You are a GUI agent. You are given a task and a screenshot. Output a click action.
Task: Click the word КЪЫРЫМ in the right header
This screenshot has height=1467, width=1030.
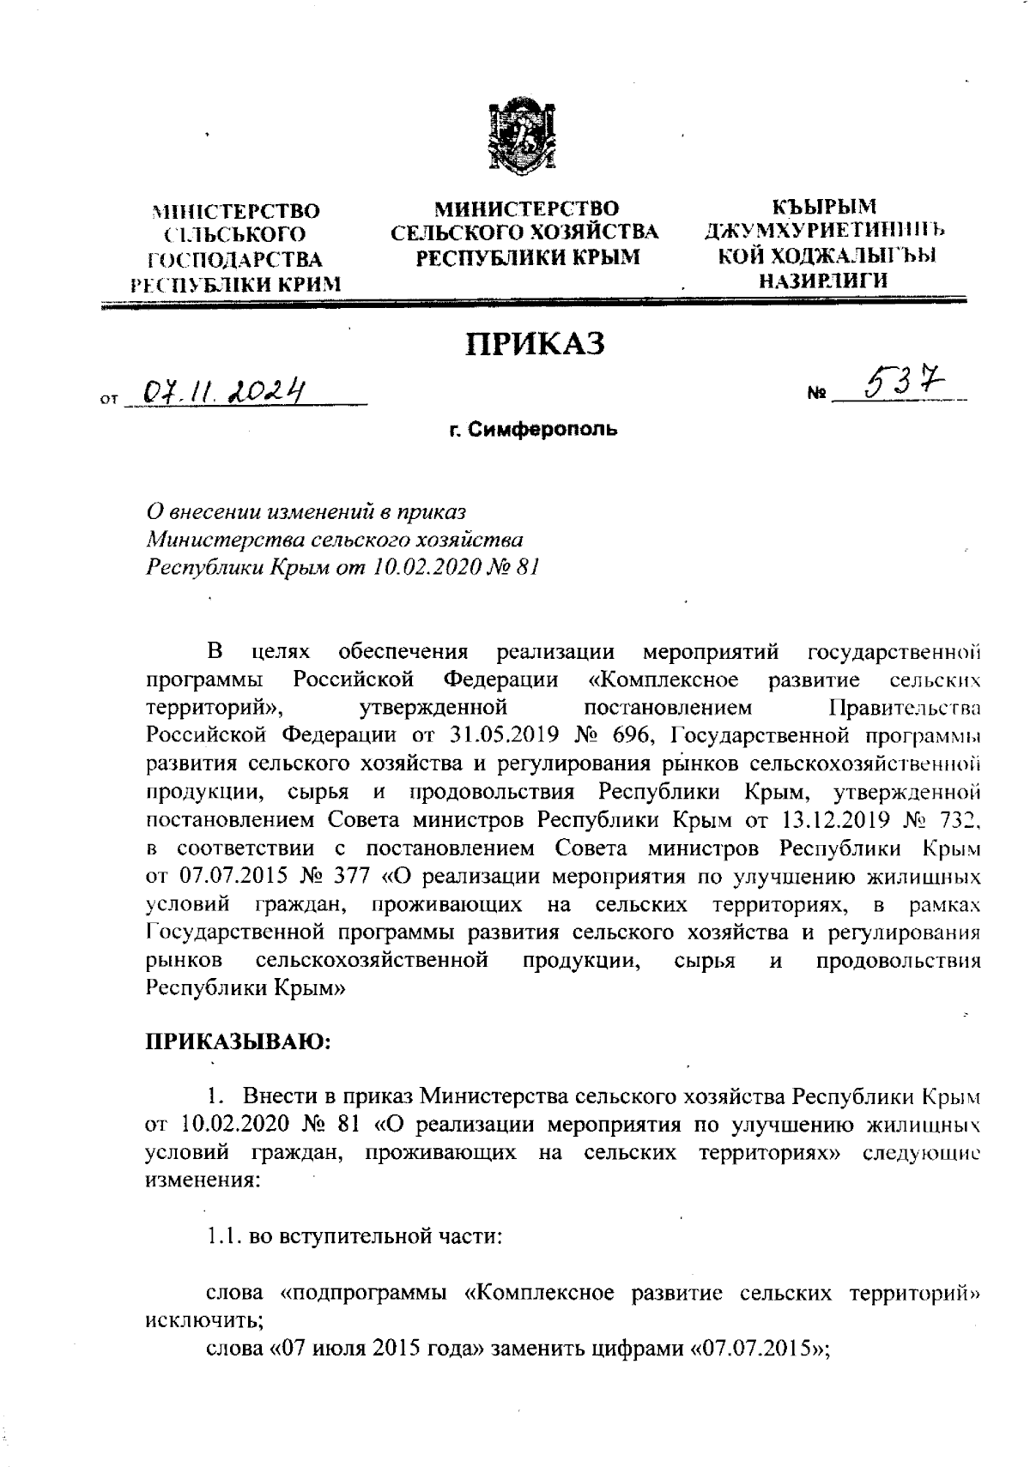coord(824,208)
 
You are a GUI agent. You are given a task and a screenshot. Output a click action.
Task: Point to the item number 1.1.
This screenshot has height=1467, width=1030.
coord(225,1236)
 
